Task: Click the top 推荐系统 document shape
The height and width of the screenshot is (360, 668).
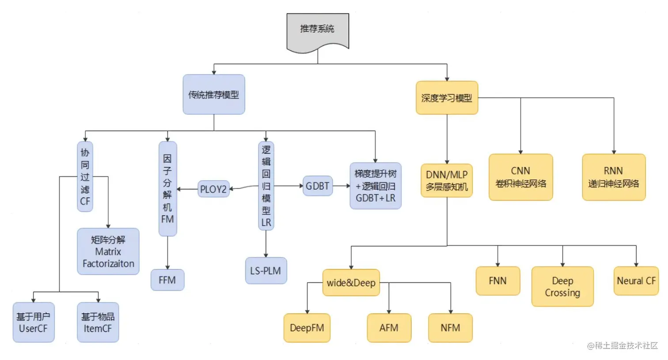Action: [317, 30]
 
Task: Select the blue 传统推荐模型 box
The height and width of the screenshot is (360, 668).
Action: [214, 95]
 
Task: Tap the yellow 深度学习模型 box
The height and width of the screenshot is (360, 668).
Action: [447, 98]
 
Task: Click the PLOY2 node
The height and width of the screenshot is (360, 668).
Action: [213, 189]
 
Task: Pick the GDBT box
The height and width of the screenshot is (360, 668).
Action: [317, 186]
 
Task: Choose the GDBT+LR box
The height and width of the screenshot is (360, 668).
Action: [376, 186]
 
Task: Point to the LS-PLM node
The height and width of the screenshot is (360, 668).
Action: [266, 271]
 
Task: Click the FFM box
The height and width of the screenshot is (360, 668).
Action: [167, 280]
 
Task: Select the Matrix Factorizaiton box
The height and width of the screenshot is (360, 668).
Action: [108, 251]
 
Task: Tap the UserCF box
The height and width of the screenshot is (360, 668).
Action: [33, 322]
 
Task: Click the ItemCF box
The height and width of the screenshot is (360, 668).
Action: [98, 322]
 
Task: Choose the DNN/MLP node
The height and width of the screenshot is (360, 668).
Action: [447, 180]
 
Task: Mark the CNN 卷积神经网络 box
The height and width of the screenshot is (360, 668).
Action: [520, 177]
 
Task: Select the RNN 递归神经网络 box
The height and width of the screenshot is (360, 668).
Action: [614, 177]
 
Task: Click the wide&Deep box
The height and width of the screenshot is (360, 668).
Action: [351, 283]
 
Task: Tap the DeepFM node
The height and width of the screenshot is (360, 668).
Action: [307, 328]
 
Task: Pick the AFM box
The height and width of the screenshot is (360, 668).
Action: [389, 328]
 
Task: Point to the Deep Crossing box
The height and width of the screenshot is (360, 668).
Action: [562, 287]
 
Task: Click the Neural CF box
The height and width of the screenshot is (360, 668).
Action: [636, 281]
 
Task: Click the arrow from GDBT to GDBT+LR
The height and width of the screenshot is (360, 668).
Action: [341, 186]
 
